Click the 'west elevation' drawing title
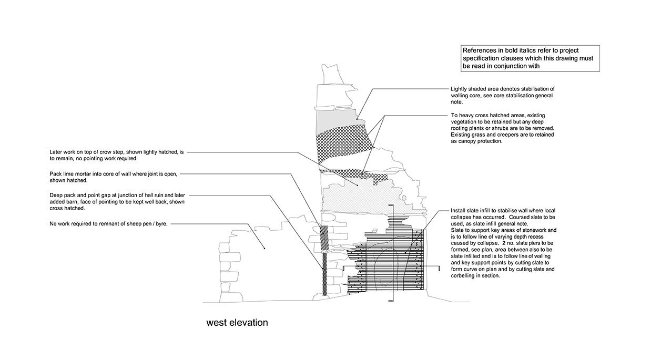coord(237,323)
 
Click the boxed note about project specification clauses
coord(530,58)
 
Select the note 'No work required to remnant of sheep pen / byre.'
coord(108,224)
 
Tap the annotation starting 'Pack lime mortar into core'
coord(114,177)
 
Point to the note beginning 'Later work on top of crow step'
coord(117,155)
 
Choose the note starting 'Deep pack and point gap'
coord(117,202)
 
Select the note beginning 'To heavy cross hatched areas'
coord(503,128)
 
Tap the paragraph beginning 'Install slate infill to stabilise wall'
coord(503,243)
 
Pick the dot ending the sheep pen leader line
coord(265,248)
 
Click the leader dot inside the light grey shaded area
coord(357,119)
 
